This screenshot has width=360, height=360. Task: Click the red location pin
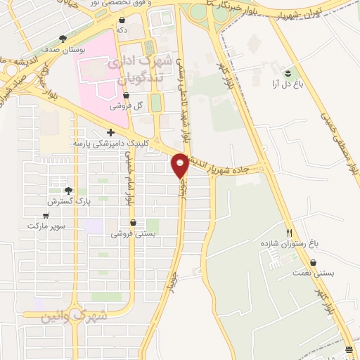(x=181, y=166)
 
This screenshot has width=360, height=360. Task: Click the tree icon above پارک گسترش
(x=68, y=190)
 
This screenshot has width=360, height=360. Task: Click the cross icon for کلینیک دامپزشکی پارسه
(x=110, y=132)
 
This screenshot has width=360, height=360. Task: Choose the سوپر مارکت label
(x=46, y=226)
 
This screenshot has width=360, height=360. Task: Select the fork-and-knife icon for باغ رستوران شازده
(x=289, y=232)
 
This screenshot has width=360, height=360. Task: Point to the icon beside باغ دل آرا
(x=287, y=72)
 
